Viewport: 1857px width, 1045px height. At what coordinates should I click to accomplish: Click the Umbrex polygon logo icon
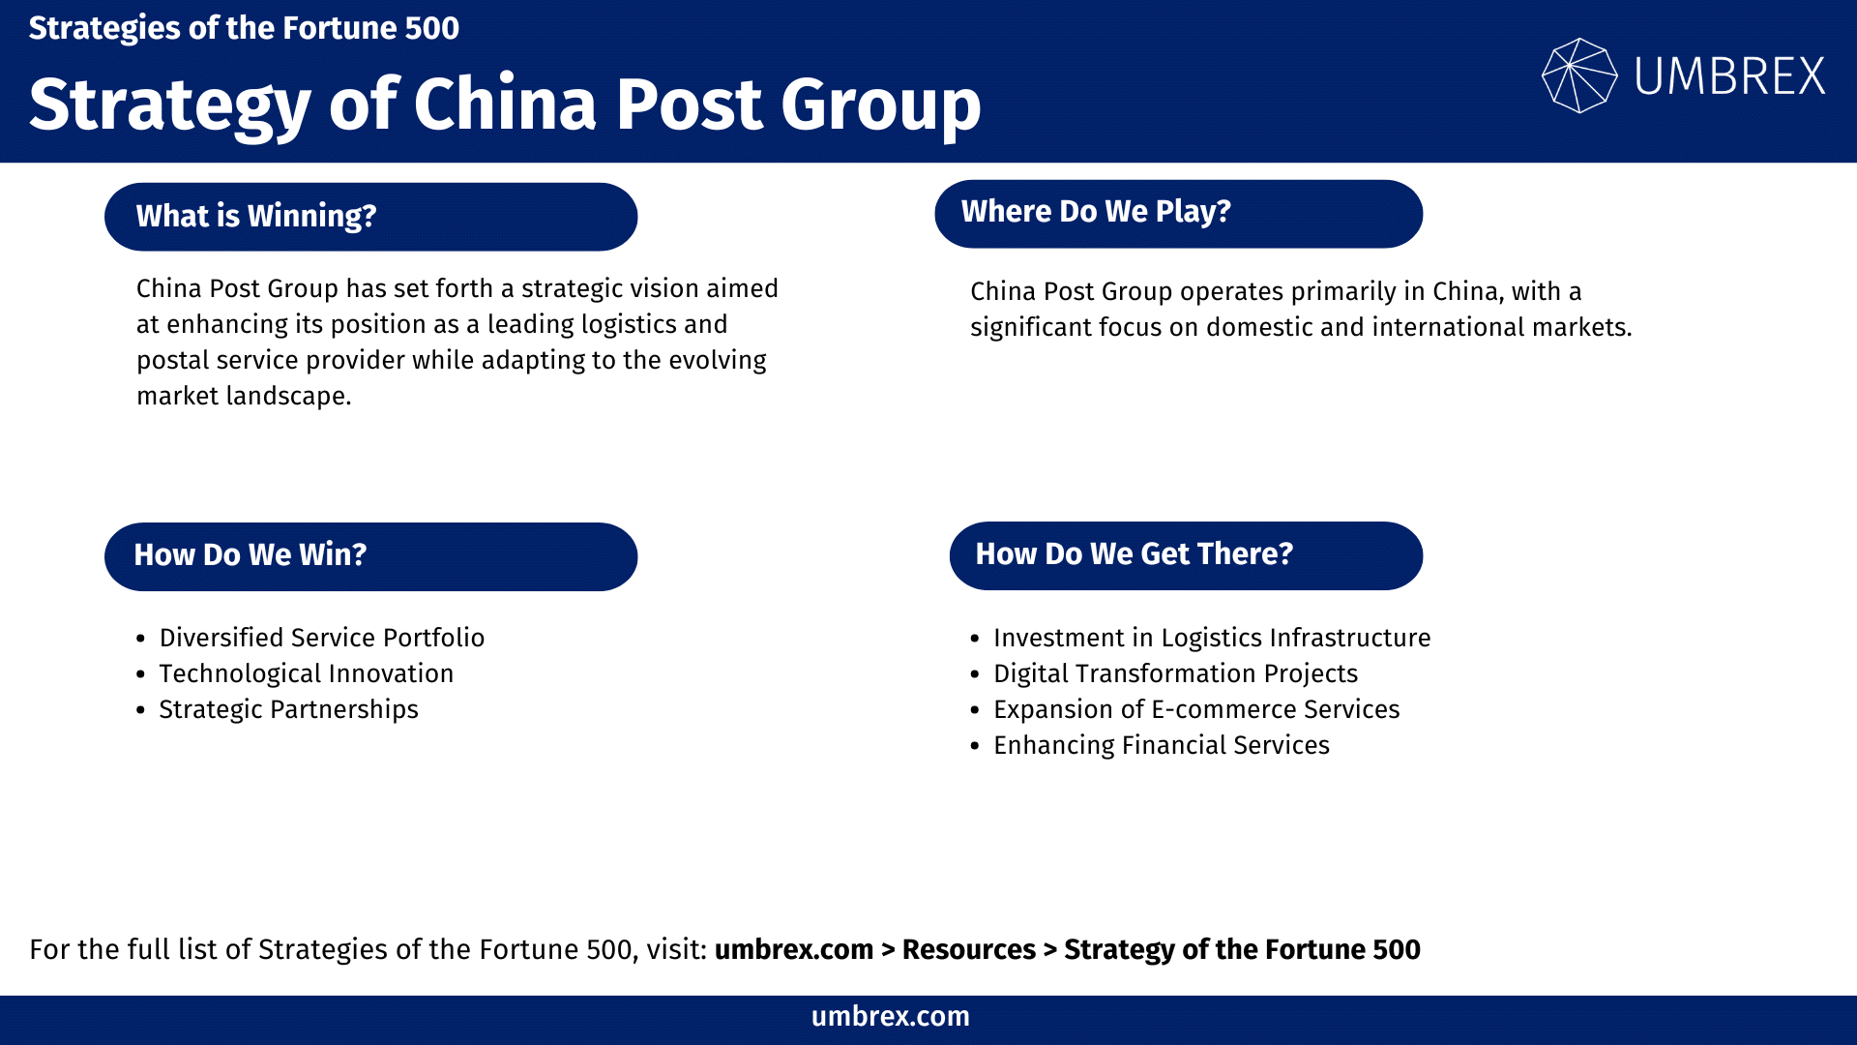pos(1578,75)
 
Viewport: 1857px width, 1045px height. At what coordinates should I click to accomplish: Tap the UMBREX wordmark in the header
pos(1729,76)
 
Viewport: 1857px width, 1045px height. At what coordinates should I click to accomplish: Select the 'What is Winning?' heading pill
pos(370,217)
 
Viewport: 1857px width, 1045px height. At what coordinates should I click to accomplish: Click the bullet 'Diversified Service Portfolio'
pos(321,638)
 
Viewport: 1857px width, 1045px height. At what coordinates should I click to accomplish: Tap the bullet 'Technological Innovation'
pos(306,673)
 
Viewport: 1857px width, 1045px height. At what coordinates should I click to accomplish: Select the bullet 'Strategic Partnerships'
pos(288,709)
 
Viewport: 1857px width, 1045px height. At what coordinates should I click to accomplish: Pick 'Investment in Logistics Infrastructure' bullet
pos(1212,638)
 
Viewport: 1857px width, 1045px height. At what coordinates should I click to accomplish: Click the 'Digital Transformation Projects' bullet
pos(1175,673)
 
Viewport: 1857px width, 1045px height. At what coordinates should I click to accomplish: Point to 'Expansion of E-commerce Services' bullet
pos(1196,709)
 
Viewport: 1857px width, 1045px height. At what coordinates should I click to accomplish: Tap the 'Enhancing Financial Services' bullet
pos(1161,745)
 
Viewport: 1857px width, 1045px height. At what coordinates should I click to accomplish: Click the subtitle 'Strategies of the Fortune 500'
pos(244,28)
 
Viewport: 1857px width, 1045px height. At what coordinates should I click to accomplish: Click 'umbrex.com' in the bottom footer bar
pos(890,1016)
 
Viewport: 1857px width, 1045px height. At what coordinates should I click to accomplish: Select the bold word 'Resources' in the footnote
pos(968,949)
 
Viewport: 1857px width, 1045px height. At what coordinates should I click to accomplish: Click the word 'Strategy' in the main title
pos(170,104)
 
